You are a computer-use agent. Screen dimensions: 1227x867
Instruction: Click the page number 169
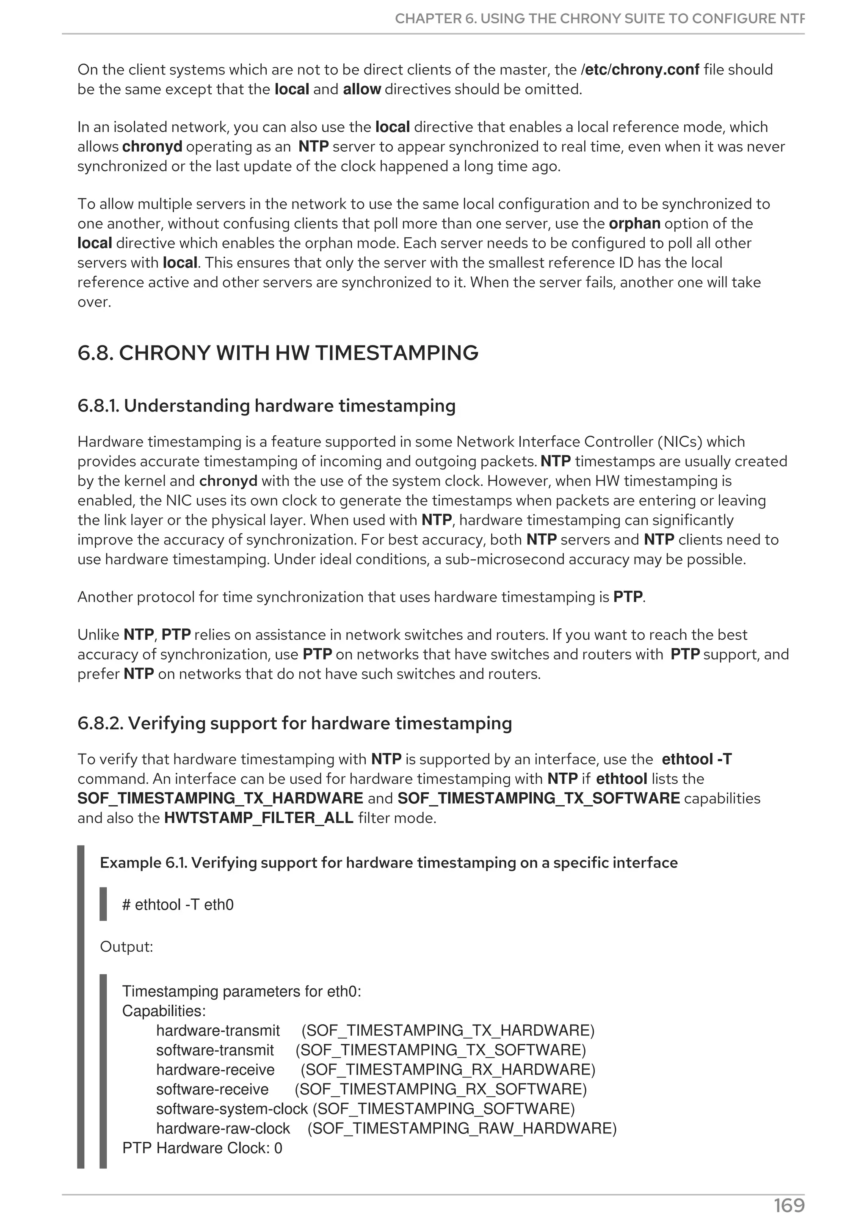coord(789,1205)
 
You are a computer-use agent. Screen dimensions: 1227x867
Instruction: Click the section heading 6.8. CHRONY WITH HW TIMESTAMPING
coord(278,353)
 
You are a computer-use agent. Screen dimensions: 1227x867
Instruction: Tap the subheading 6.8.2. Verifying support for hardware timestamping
coord(294,724)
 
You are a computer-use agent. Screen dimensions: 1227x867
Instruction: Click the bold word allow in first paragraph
coord(362,89)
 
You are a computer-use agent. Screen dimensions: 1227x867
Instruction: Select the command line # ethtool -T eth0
coord(178,905)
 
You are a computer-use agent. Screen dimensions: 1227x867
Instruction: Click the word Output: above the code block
coord(127,947)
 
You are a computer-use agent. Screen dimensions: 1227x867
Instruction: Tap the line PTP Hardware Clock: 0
coord(202,1148)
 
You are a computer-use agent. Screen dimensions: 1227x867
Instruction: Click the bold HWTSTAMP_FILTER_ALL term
coord(259,818)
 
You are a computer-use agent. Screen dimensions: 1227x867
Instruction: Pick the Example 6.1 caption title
coord(388,863)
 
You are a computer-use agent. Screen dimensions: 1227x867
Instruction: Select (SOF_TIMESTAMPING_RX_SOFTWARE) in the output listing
coord(441,1089)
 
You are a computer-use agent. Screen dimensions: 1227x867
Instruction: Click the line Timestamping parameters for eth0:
coord(241,991)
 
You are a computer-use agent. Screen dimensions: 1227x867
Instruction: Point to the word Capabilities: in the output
coord(164,1011)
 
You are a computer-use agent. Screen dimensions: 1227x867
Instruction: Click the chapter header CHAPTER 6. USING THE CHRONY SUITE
coord(599,19)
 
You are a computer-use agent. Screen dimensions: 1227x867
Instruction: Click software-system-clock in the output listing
coord(232,1109)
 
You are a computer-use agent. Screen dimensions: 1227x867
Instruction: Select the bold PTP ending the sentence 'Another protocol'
coord(628,597)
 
